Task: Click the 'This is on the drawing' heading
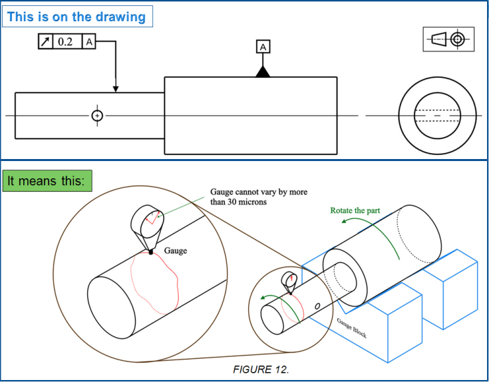[x=77, y=17]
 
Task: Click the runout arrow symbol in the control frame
[x=46, y=42]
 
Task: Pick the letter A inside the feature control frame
[x=88, y=42]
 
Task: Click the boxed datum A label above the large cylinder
[x=263, y=47]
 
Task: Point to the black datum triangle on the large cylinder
[x=263, y=71]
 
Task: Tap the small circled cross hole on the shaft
[x=98, y=116]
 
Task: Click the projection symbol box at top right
[x=449, y=39]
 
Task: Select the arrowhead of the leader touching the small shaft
[x=116, y=89]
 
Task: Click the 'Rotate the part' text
[x=355, y=210]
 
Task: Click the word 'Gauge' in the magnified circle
[x=176, y=251]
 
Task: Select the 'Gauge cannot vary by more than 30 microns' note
[x=259, y=196]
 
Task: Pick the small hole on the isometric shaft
[x=317, y=305]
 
